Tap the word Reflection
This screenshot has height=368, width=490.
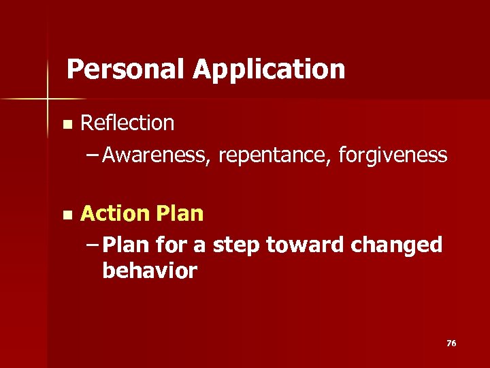coord(127,123)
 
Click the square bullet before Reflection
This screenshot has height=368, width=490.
coord(66,125)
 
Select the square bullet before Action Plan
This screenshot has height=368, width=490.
coord(66,215)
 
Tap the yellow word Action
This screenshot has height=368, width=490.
coord(115,213)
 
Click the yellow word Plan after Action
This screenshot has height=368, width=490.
coord(180,214)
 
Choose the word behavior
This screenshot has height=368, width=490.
coord(150,271)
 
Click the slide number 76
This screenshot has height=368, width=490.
coord(451,343)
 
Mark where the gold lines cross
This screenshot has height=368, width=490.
coord(48,99)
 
